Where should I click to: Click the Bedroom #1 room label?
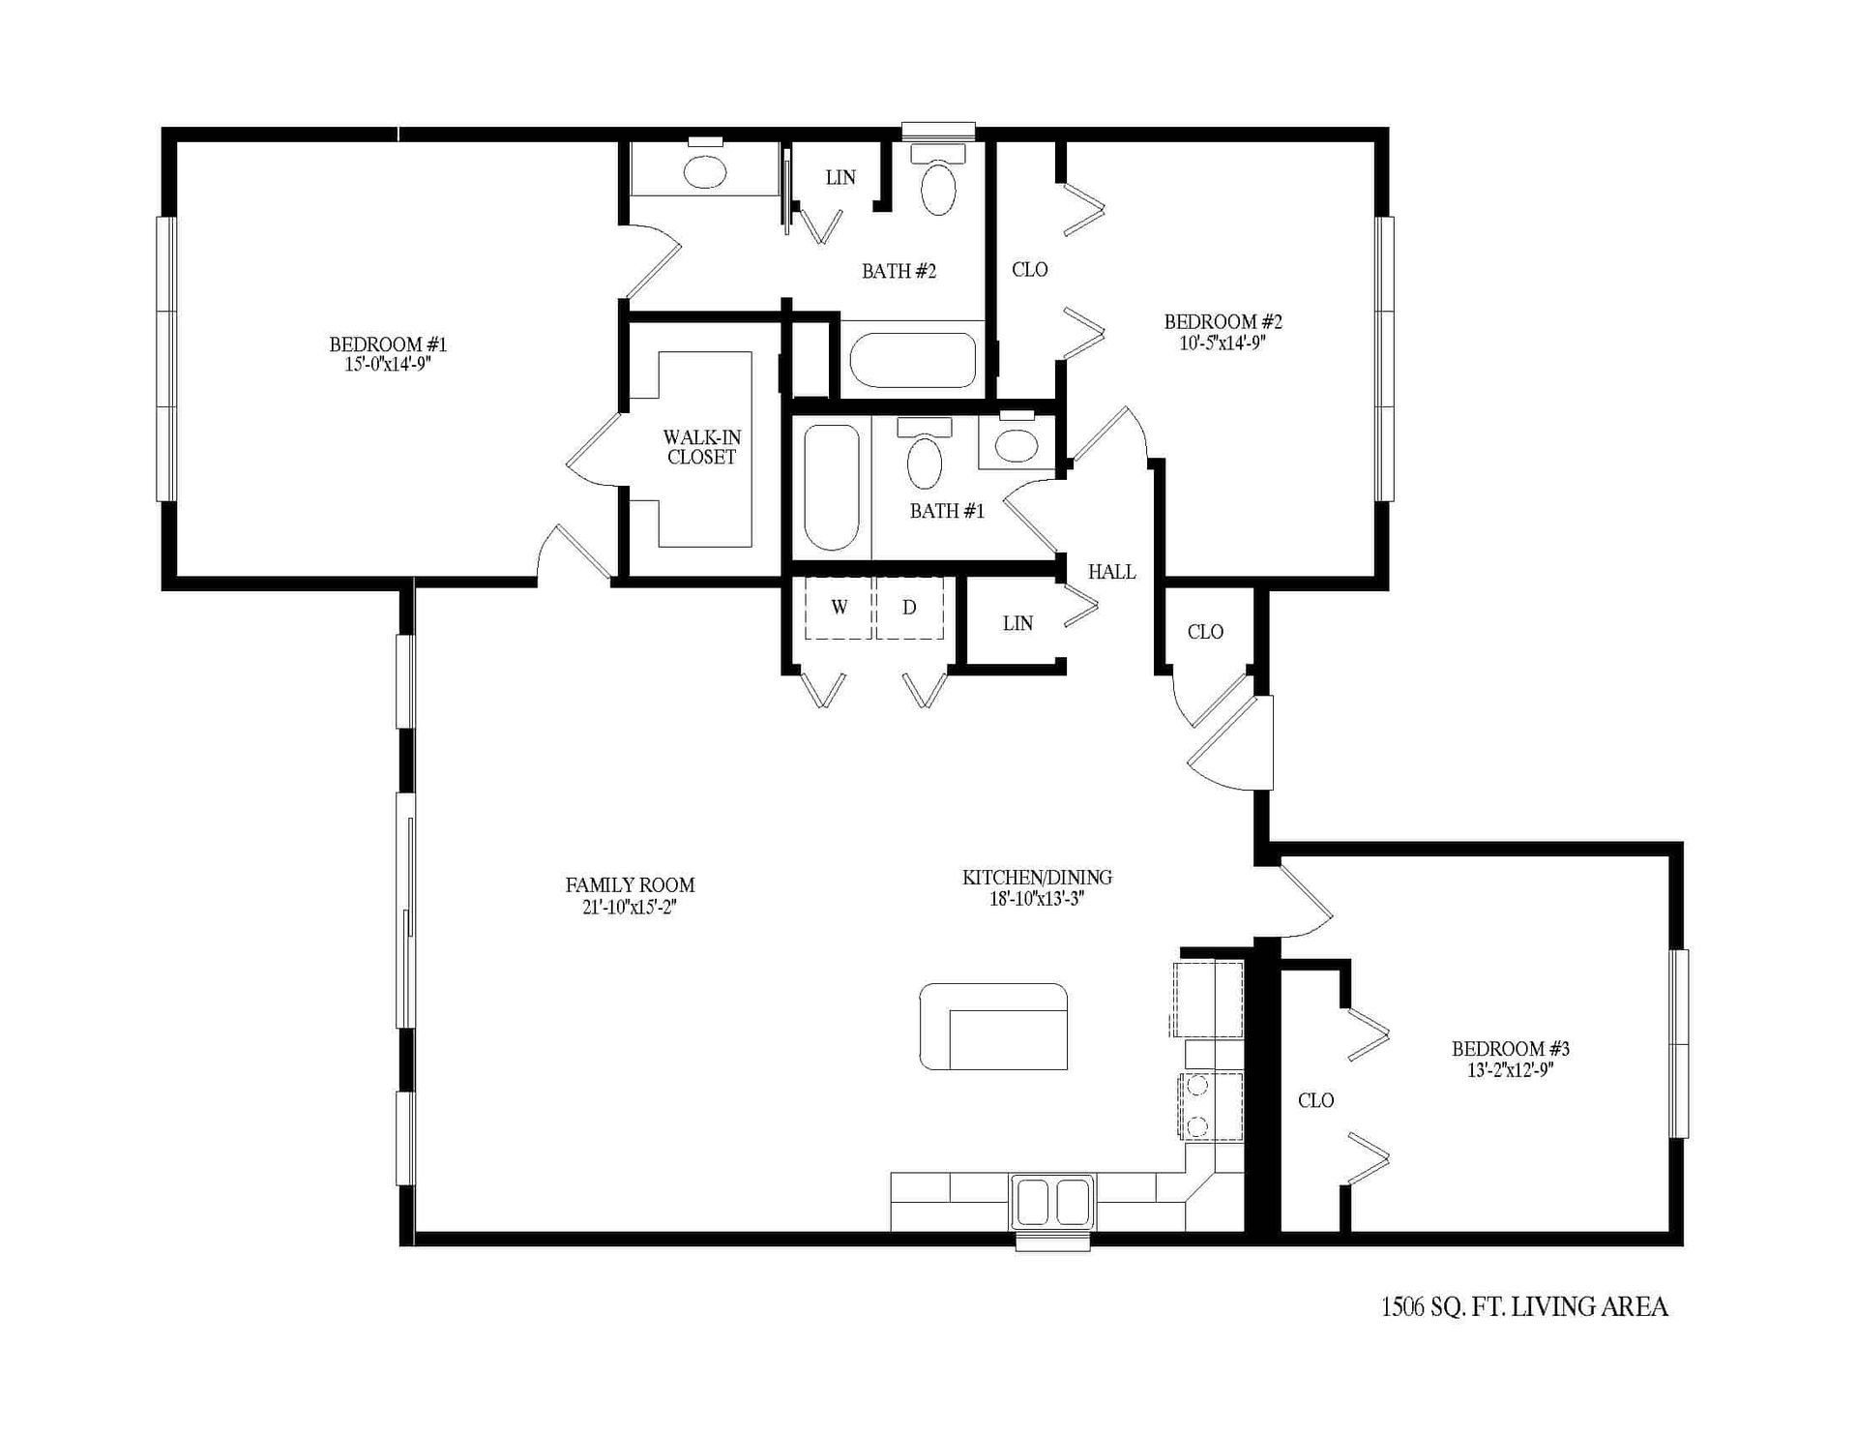pos(388,344)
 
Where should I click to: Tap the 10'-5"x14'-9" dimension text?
pos(1223,343)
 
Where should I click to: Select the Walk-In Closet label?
pos(701,448)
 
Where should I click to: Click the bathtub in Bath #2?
pos(912,360)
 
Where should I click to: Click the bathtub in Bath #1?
pos(832,487)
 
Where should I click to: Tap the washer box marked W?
pos(839,608)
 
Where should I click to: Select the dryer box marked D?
pos(909,608)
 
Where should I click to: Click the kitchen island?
pos(993,1027)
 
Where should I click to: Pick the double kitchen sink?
pos(1052,1201)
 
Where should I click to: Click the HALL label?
pos(1111,572)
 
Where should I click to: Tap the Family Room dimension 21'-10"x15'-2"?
pos(630,907)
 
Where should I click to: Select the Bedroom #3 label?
pos(1510,1049)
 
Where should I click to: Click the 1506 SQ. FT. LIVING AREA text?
pos(1524,1307)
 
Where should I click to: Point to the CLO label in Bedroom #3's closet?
pos(1315,1100)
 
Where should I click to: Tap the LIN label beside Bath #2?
pos(840,177)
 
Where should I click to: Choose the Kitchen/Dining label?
pos(1037,878)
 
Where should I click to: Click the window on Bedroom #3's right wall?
pos(1680,1043)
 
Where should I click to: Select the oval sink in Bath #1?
pos(1015,445)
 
